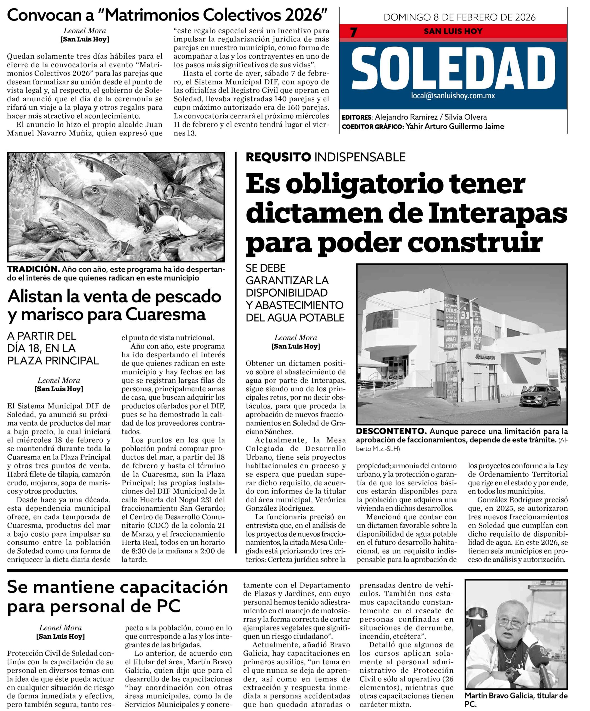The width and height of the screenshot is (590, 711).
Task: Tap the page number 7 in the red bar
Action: point(353,32)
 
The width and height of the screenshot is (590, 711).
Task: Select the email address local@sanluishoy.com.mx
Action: point(453,96)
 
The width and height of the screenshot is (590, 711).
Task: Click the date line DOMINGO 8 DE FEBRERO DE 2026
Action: point(460,17)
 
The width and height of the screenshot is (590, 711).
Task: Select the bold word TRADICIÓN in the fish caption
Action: point(33,269)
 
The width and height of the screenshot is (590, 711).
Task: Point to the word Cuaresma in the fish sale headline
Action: point(165,314)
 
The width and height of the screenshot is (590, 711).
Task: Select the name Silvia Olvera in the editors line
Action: point(466,117)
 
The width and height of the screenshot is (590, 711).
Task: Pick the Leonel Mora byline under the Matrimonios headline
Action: point(85,31)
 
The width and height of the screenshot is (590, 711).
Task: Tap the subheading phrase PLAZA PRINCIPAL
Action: point(53,360)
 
